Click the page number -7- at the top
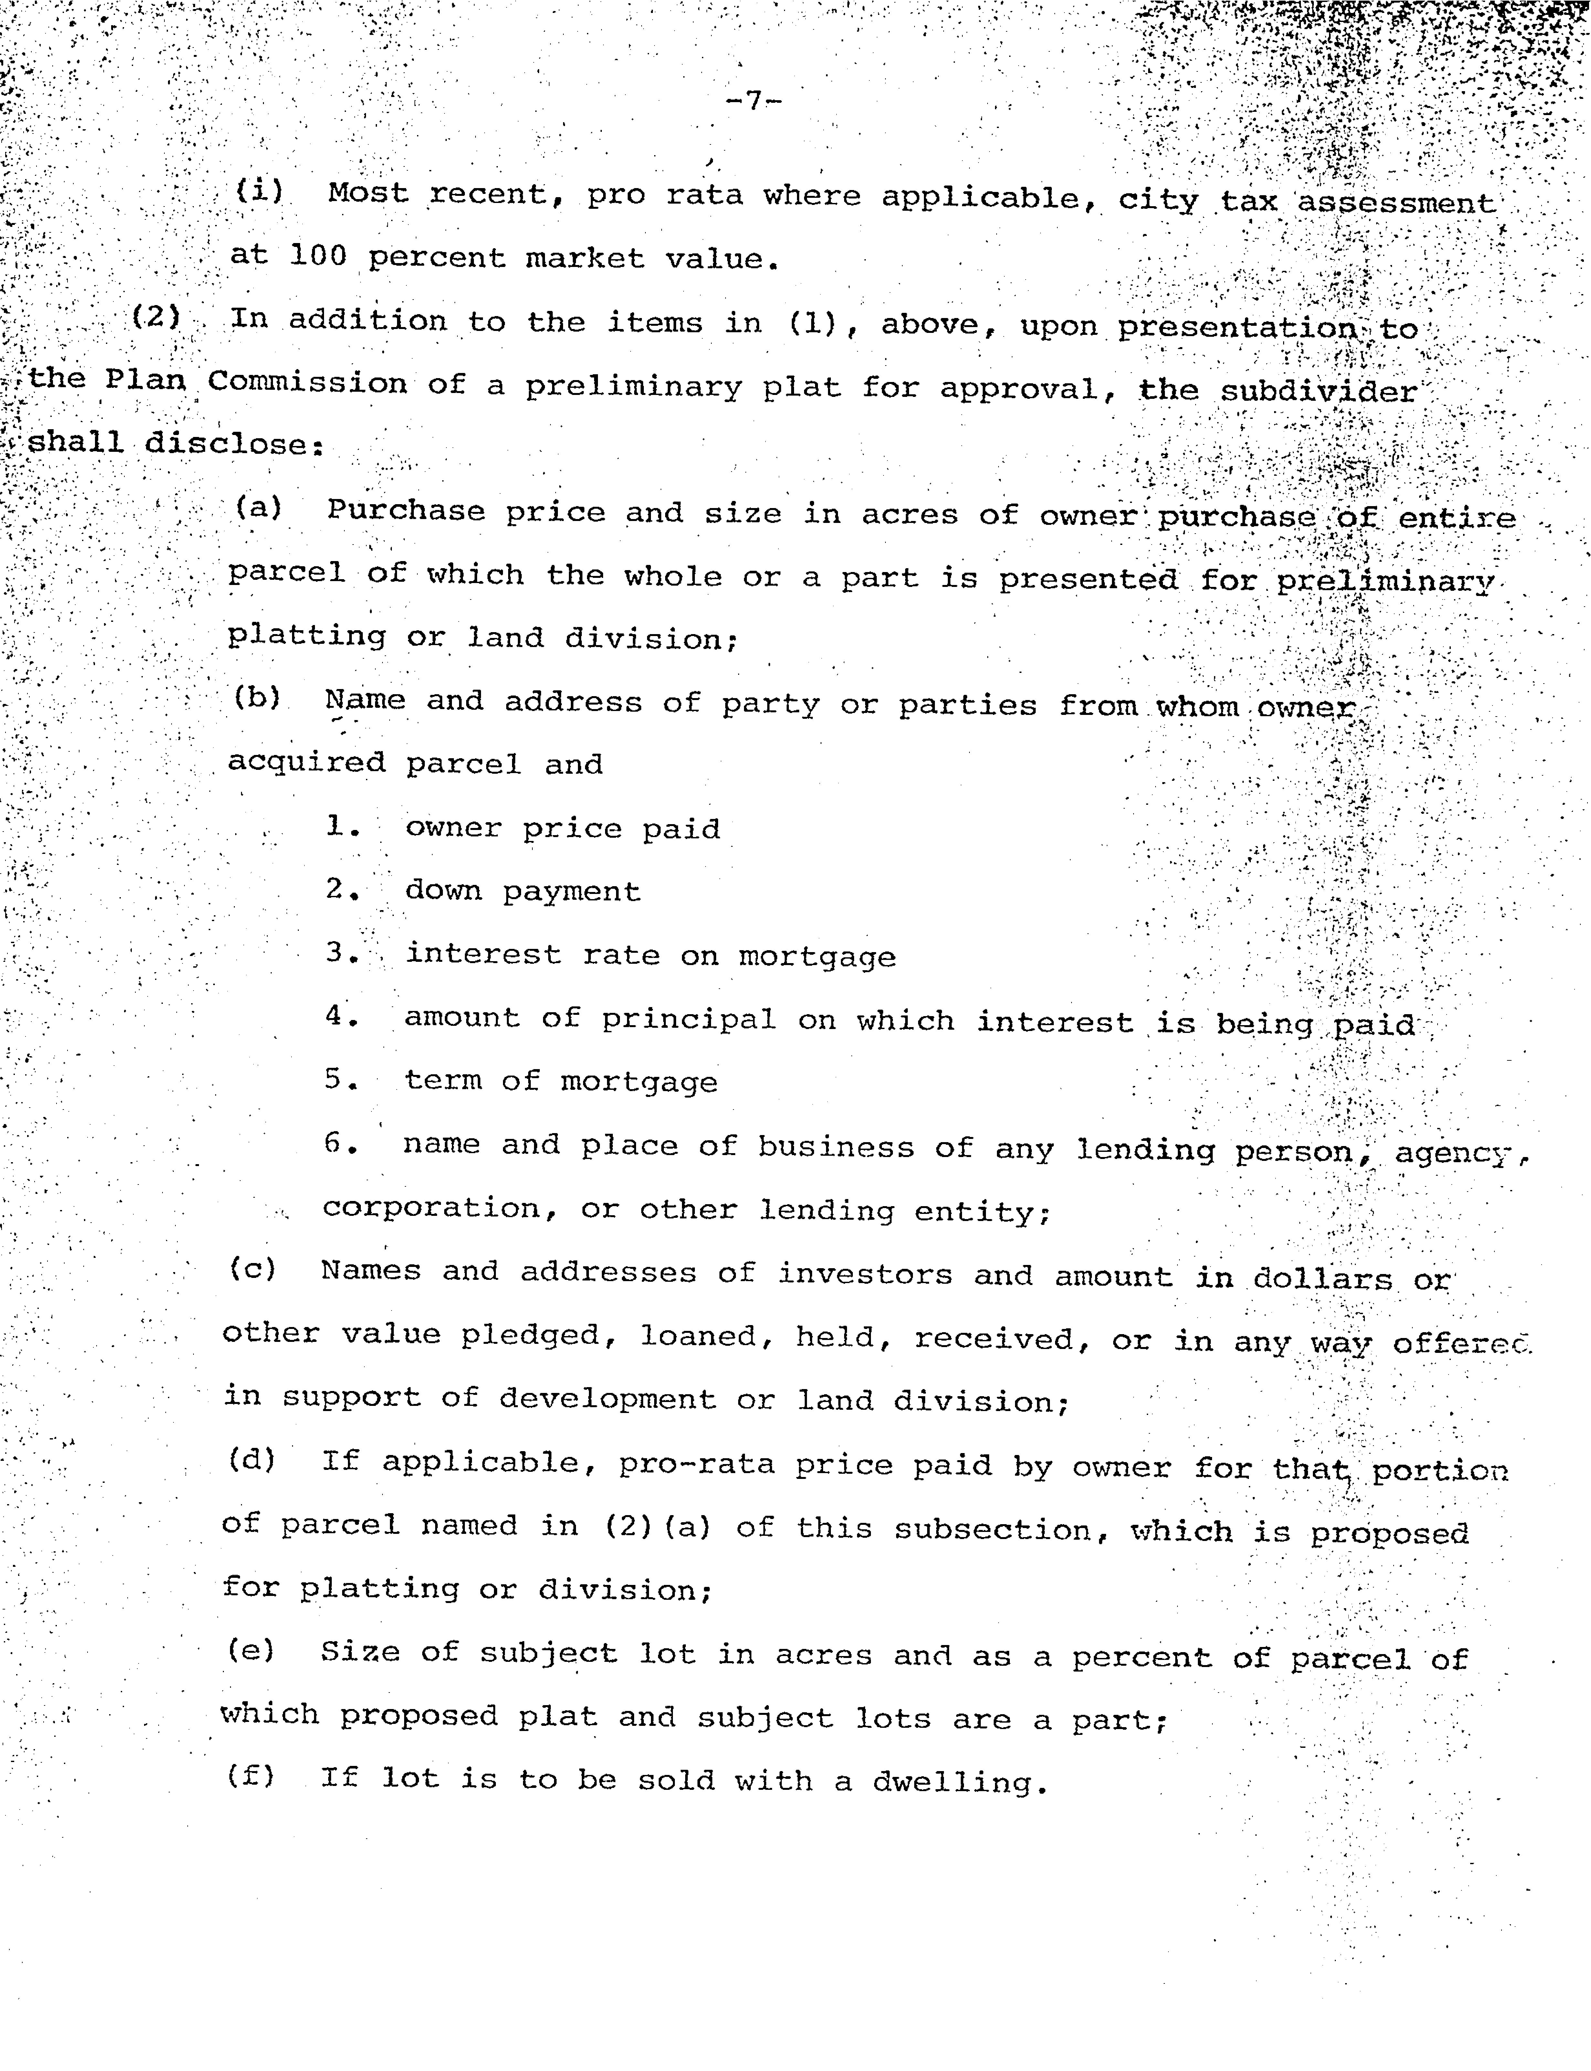coord(753,100)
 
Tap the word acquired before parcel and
coord(306,763)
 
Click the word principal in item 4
coord(688,1019)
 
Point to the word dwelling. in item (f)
coord(959,1782)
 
